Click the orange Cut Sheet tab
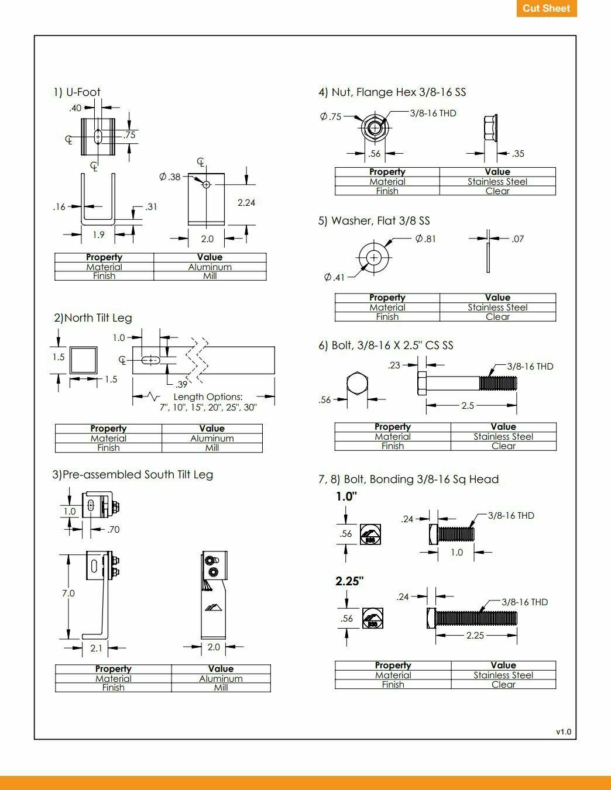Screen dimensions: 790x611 pyautogui.click(x=546, y=8)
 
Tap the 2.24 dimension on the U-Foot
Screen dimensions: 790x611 pyautogui.click(x=246, y=202)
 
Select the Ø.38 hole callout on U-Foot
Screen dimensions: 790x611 pyautogui.click(x=170, y=177)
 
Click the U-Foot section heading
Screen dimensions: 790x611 pyautogui.click(x=77, y=92)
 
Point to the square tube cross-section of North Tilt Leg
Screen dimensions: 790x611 pyautogui.click(x=83, y=360)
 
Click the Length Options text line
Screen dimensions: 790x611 pyautogui.click(x=208, y=396)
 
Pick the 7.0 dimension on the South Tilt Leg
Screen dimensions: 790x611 pyautogui.click(x=68, y=593)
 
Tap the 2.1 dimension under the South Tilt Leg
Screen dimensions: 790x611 pyautogui.click(x=96, y=648)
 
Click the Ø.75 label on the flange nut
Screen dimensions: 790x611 pyautogui.click(x=331, y=116)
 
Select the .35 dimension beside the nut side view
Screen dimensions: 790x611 pyautogui.click(x=518, y=154)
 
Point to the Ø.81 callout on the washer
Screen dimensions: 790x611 pyautogui.click(x=425, y=239)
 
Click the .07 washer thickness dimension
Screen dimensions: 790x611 pyautogui.click(x=517, y=239)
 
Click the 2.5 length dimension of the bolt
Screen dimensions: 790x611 pyautogui.click(x=468, y=405)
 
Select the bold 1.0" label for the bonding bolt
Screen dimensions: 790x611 pyautogui.click(x=346, y=496)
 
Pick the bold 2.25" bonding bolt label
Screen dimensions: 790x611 pyautogui.click(x=349, y=581)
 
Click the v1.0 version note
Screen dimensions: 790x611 pyautogui.click(x=563, y=732)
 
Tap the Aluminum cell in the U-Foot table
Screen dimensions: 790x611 pyautogui.click(x=210, y=267)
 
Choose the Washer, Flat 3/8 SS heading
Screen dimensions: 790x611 pyautogui.click(x=374, y=220)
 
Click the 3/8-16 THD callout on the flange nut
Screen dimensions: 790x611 pyautogui.click(x=432, y=113)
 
